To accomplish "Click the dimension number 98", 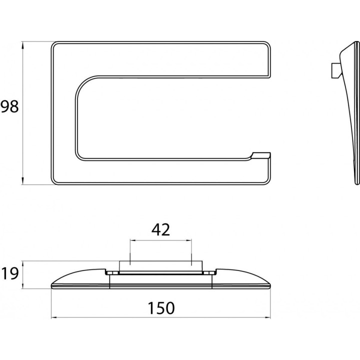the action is click(x=9, y=107).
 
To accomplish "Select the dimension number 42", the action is click(x=160, y=229).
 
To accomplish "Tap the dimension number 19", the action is click(x=9, y=273).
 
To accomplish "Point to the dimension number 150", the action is click(x=161, y=308).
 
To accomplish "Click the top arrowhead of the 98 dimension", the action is click(x=22, y=44).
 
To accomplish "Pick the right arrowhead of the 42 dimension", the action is click(x=188, y=240).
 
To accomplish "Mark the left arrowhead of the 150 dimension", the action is click(x=54, y=318).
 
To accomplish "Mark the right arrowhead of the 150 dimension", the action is click(x=267, y=318).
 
